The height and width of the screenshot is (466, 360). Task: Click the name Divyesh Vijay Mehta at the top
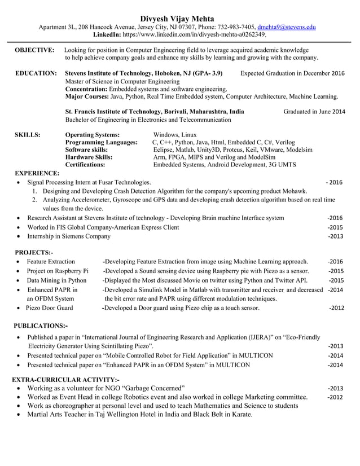pos(179,17)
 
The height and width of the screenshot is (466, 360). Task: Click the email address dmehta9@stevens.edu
pos(287,27)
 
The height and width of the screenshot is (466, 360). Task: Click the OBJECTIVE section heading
pos(34,50)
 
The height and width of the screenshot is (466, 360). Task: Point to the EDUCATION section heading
pos(36,73)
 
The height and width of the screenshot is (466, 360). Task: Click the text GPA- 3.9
pos(206,73)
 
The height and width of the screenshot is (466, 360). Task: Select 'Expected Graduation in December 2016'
pos(292,73)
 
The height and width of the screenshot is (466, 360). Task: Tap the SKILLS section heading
pos(27,135)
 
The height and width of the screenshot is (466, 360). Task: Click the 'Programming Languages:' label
pos(102,143)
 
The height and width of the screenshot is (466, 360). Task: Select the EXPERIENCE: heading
pos(37,173)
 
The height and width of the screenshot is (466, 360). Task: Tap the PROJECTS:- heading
pos(33,252)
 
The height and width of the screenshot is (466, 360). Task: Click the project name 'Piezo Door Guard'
pos(49,308)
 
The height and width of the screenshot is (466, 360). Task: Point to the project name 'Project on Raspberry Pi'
pos(57,271)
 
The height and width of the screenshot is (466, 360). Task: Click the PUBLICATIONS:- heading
pos(40,326)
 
